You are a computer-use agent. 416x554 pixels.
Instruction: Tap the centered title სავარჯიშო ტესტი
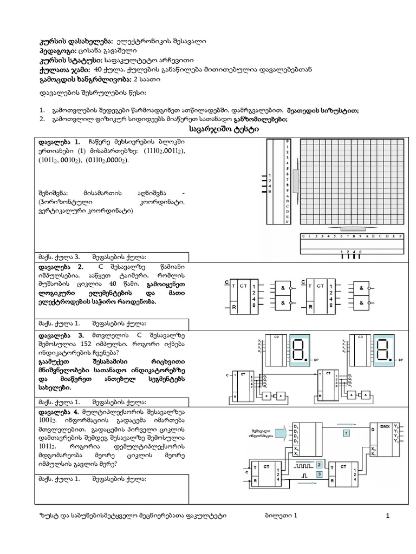pos(224,130)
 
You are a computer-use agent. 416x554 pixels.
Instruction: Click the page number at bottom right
pos(388,517)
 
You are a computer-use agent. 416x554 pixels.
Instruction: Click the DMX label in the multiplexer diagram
pos(385,427)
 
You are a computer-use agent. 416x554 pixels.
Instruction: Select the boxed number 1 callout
pos(347,433)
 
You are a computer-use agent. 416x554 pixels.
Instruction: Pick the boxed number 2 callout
pos(319,465)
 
